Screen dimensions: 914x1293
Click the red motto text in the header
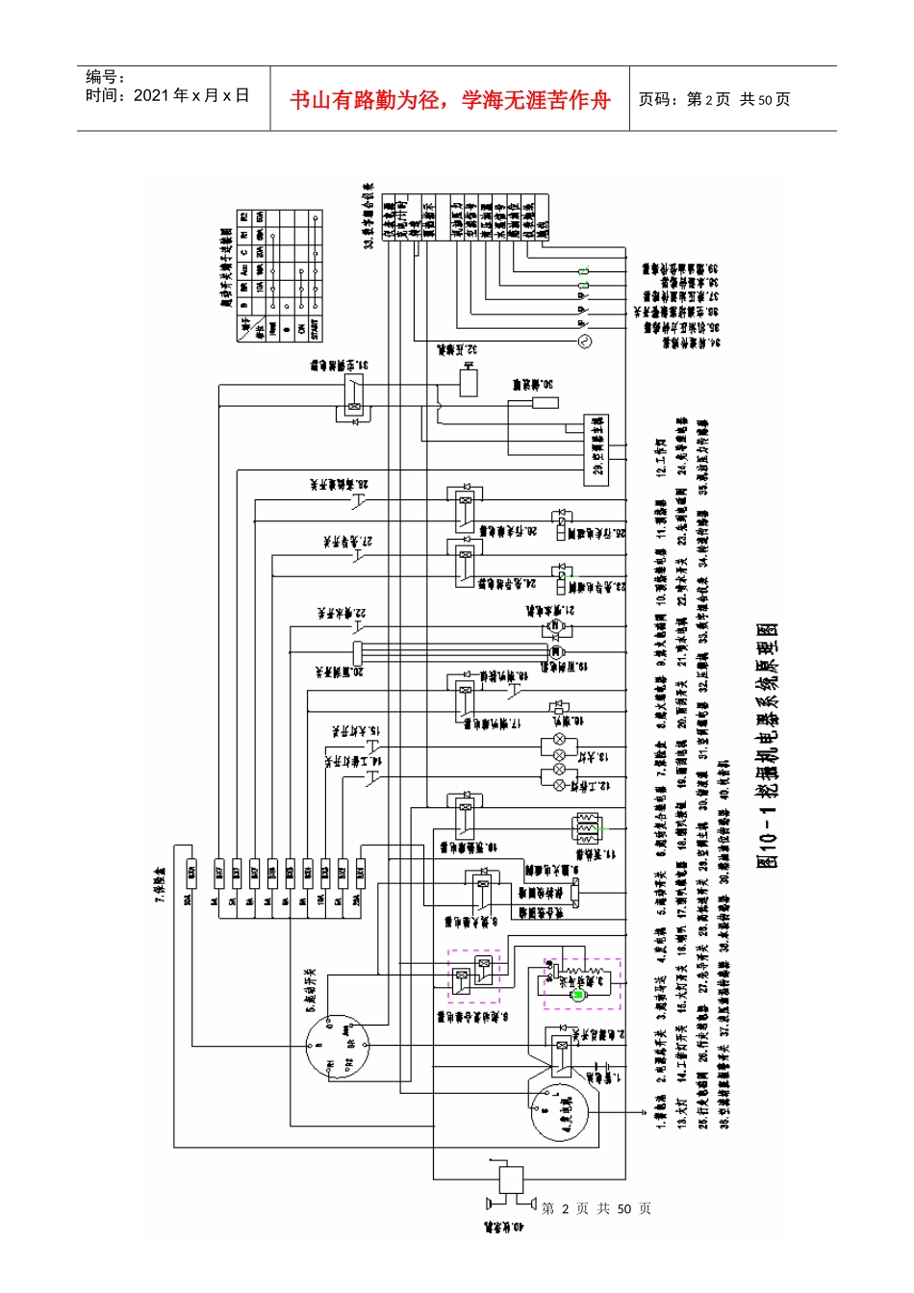click(450, 100)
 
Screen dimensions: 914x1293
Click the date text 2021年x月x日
click(167, 96)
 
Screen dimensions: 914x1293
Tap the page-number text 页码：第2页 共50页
click(714, 100)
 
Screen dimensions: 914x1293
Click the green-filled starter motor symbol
click(577, 994)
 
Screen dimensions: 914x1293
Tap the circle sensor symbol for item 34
click(582, 341)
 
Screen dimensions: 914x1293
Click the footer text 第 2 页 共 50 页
click(597, 1208)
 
